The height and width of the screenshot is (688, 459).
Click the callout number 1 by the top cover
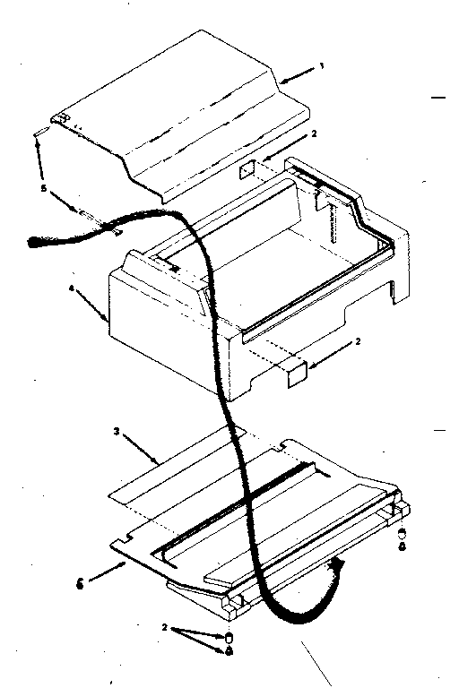(x=322, y=66)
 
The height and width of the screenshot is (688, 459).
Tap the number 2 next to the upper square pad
(x=314, y=133)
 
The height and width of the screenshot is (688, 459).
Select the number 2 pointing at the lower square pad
(x=358, y=341)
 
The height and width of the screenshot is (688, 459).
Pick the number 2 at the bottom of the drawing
(x=164, y=628)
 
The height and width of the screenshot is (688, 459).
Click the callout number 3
(x=116, y=431)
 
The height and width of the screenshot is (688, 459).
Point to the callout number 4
(x=71, y=288)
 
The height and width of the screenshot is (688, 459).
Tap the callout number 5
(x=43, y=188)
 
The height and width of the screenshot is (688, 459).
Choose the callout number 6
(x=80, y=585)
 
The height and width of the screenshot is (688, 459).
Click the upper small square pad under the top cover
(x=247, y=168)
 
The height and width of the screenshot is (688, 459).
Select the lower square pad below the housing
(x=298, y=374)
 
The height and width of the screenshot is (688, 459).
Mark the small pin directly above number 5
(x=42, y=132)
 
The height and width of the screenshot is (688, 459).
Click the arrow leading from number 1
(x=298, y=74)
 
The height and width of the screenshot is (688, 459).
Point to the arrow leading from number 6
(x=108, y=572)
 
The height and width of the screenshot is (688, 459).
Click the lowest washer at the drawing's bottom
(x=229, y=651)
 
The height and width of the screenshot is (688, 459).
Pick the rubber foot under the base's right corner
(x=402, y=534)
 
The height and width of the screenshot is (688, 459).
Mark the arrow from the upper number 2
(x=285, y=150)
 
